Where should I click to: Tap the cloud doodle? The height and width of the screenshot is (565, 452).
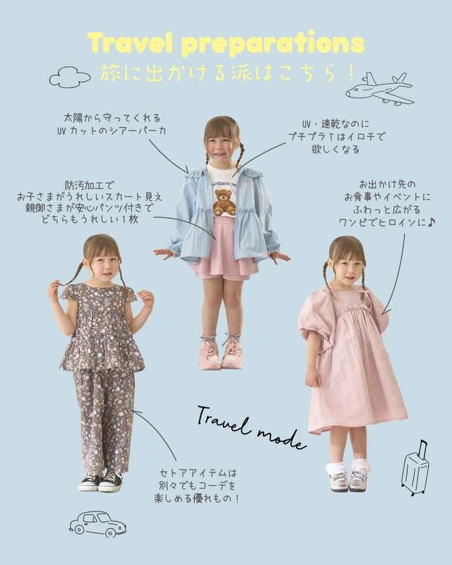pyautogui.click(x=70, y=76)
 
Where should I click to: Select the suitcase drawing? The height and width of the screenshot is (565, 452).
pyautogui.click(x=415, y=468)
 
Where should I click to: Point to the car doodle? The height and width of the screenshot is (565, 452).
pyautogui.click(x=97, y=524)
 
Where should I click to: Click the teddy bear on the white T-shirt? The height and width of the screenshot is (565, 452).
pyautogui.click(x=224, y=201)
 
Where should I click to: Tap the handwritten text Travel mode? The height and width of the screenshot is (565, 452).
pyautogui.click(x=251, y=427)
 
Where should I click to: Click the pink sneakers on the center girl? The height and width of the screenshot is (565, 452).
pyautogui.click(x=220, y=352)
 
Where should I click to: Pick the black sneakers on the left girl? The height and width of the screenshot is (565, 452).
pyautogui.click(x=100, y=482)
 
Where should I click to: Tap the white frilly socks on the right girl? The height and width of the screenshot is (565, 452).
pyautogui.click(x=349, y=467)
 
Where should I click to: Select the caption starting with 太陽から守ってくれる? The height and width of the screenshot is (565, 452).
pyautogui.click(x=114, y=124)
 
